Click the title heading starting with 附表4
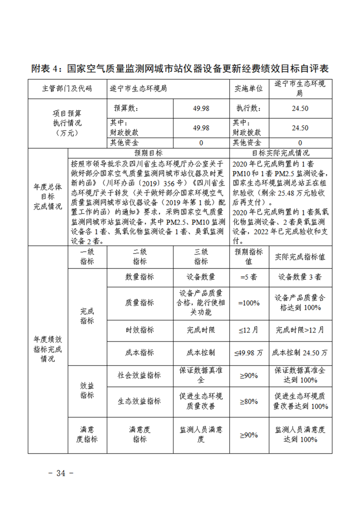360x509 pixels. tap(180, 69)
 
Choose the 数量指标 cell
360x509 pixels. tap(140, 277)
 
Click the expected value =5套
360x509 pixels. tap(249, 277)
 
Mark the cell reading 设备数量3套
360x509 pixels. tap(300, 277)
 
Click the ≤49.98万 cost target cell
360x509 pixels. tap(249, 352)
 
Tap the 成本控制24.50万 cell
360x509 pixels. tap(300, 352)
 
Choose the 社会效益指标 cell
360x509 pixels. tap(140, 376)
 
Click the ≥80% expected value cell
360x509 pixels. tap(249, 401)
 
